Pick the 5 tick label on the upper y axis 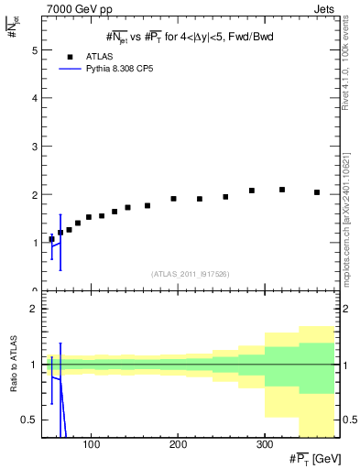[35, 50]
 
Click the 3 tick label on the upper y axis [35, 147]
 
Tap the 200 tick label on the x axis [178, 445]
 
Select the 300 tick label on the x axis [264, 445]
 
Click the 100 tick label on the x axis [91, 445]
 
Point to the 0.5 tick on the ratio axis [30, 420]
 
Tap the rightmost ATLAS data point [317, 192]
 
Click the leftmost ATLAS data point [51, 239]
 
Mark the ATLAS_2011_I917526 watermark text [190, 274]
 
